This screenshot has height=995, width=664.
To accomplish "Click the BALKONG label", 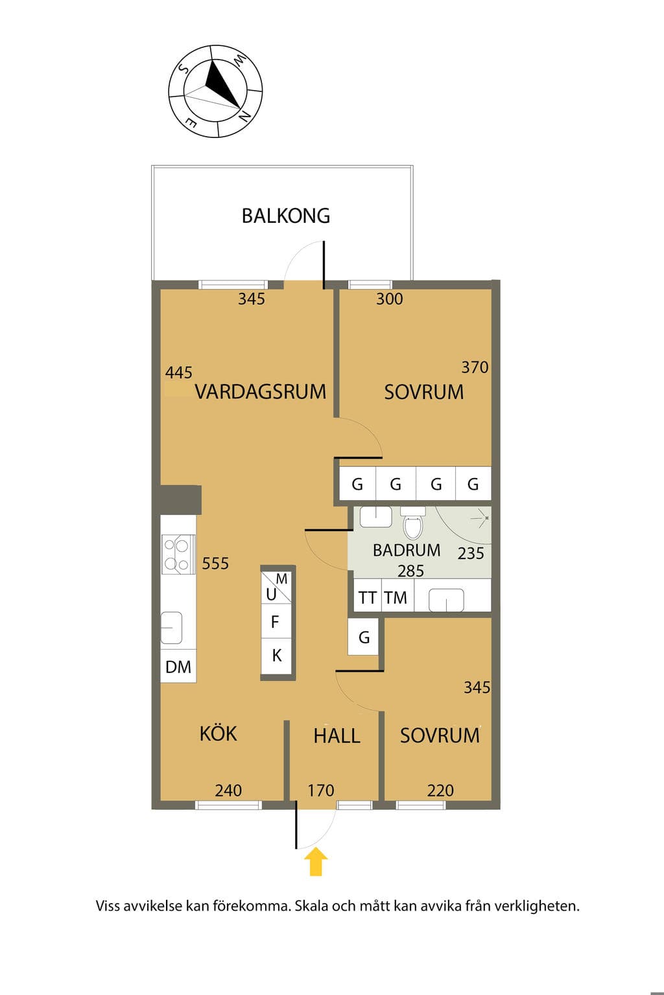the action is click(x=285, y=216).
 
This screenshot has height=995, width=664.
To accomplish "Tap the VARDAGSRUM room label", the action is click(x=261, y=392).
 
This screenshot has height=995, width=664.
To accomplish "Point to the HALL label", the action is click(x=337, y=736).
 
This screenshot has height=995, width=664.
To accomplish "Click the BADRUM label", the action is click(x=407, y=551).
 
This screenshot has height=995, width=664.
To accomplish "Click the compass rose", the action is click(x=215, y=91).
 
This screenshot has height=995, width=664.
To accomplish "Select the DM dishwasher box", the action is click(x=178, y=667).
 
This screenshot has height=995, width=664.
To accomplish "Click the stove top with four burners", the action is click(x=178, y=554).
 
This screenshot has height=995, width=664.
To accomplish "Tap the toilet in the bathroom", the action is click(x=413, y=523).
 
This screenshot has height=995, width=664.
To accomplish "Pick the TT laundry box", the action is click(x=368, y=597).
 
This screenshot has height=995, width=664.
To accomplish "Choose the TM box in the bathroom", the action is click(x=396, y=597).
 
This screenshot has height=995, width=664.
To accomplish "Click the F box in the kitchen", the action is click(x=276, y=621).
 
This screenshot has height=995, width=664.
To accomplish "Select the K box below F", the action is click(x=276, y=656).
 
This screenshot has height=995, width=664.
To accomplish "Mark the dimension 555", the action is click(x=215, y=563).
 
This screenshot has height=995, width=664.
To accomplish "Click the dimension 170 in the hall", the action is click(x=321, y=790).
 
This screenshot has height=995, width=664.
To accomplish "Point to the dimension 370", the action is click(x=475, y=367).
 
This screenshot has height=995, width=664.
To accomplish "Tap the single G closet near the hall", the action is click(x=363, y=637).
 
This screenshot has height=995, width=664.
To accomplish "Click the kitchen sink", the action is click(x=171, y=628).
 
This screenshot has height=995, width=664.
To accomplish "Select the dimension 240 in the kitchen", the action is click(x=229, y=790).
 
